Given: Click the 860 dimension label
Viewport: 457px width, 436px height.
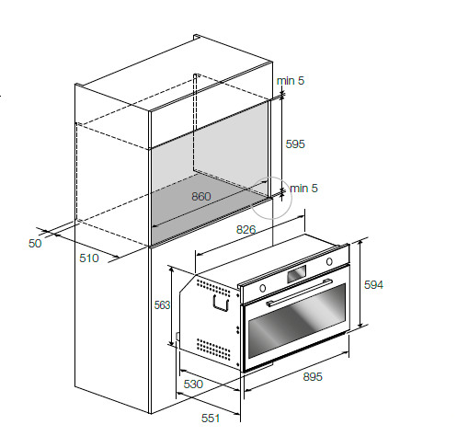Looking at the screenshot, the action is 201,196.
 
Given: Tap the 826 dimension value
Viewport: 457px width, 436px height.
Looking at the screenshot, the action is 246,229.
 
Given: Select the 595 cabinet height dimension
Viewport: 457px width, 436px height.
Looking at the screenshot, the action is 295,144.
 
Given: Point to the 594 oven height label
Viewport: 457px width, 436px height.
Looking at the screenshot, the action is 373,285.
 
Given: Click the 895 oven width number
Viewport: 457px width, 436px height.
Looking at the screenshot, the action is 313,376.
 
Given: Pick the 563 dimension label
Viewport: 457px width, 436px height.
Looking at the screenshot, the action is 162,305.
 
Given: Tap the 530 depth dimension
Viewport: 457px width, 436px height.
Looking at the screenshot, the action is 193,384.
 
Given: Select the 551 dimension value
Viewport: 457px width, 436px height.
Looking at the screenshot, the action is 211,418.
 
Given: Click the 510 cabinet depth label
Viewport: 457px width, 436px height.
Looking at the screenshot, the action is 89,258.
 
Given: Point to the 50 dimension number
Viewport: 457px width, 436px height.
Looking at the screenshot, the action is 35,244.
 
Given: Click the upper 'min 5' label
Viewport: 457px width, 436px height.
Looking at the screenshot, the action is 291,81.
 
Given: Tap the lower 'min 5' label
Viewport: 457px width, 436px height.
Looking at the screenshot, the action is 303,189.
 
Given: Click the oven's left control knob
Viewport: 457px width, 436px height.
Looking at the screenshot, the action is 263,288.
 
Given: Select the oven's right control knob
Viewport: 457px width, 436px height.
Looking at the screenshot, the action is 329,262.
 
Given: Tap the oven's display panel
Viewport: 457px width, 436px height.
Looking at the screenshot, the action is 296,274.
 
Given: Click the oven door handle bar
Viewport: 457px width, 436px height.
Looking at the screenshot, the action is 299,293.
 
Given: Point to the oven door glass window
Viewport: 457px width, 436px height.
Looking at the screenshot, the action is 297,321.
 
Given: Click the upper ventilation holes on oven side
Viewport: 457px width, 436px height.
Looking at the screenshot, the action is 213,288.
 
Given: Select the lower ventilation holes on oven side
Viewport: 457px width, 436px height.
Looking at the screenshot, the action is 213,349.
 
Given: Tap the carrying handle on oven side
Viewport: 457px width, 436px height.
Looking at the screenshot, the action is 221,304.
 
